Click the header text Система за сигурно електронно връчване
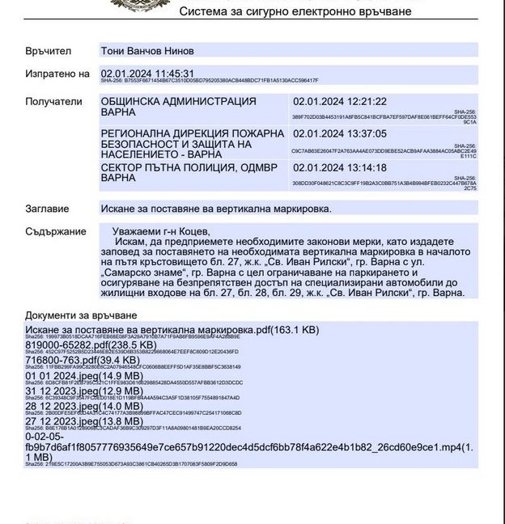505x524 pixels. pos(295,11)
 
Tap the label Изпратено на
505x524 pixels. pos(57,74)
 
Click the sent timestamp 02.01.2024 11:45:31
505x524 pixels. pos(147,73)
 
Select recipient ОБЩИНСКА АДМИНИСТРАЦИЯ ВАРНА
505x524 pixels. pos(178,108)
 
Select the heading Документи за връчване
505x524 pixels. pos(81,315)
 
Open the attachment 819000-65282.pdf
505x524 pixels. pos(91,344)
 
